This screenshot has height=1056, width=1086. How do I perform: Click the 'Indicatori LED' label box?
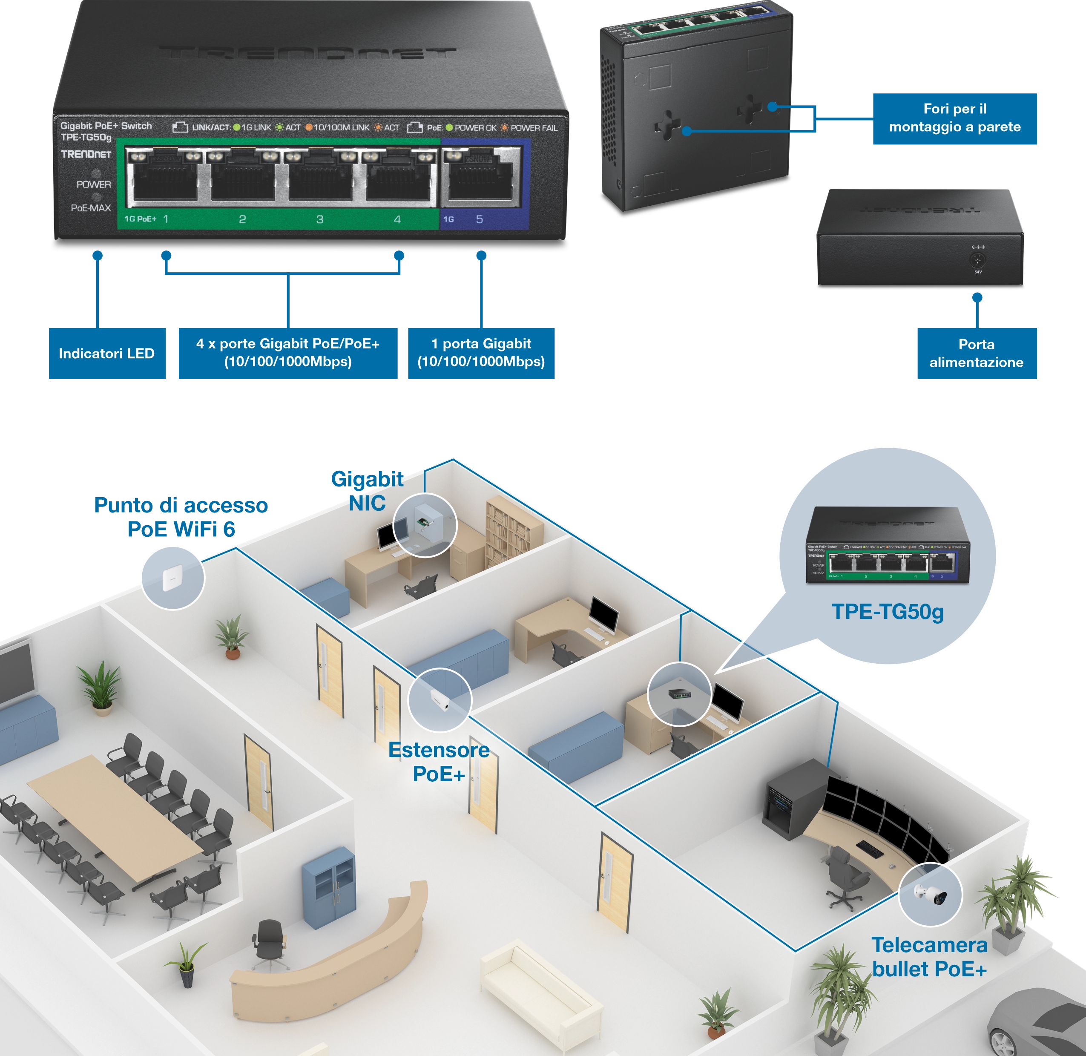click(106, 354)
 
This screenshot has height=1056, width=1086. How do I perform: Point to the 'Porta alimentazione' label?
click(976, 353)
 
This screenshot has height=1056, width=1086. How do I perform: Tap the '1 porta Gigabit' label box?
click(481, 353)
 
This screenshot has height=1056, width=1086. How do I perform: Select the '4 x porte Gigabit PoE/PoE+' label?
click(288, 353)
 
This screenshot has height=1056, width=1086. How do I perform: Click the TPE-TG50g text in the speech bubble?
click(887, 612)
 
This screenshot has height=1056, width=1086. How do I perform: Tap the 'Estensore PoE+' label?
click(439, 762)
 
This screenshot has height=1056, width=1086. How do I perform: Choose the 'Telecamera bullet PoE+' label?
click(929, 957)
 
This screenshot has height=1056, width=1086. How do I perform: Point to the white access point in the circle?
click(170, 578)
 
